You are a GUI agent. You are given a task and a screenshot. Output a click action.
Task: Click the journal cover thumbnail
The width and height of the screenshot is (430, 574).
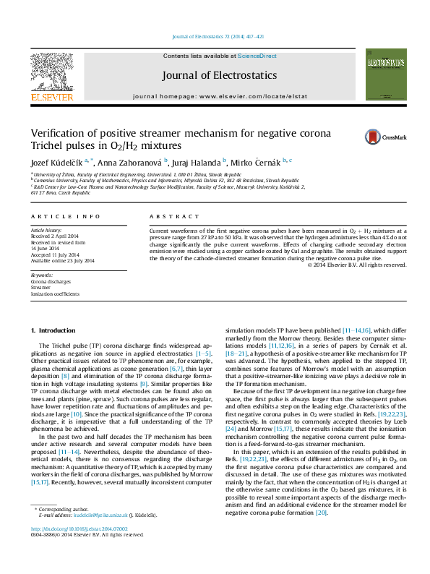381,74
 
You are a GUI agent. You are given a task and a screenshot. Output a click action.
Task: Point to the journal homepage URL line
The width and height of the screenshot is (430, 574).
210,95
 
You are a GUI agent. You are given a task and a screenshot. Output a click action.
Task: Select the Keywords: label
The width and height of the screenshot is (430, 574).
42,275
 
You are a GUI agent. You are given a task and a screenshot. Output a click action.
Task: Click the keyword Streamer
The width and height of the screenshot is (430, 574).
41,287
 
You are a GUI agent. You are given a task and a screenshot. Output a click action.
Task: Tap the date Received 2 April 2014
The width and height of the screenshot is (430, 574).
54,236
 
